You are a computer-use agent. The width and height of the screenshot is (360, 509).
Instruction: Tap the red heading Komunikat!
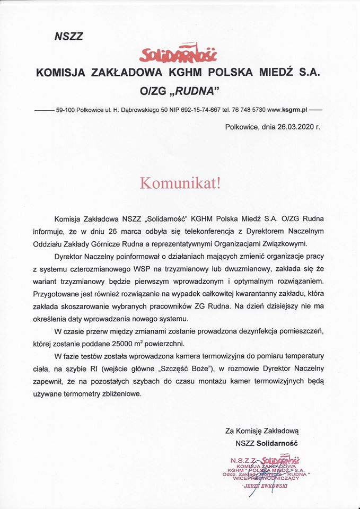[x=179, y=183]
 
